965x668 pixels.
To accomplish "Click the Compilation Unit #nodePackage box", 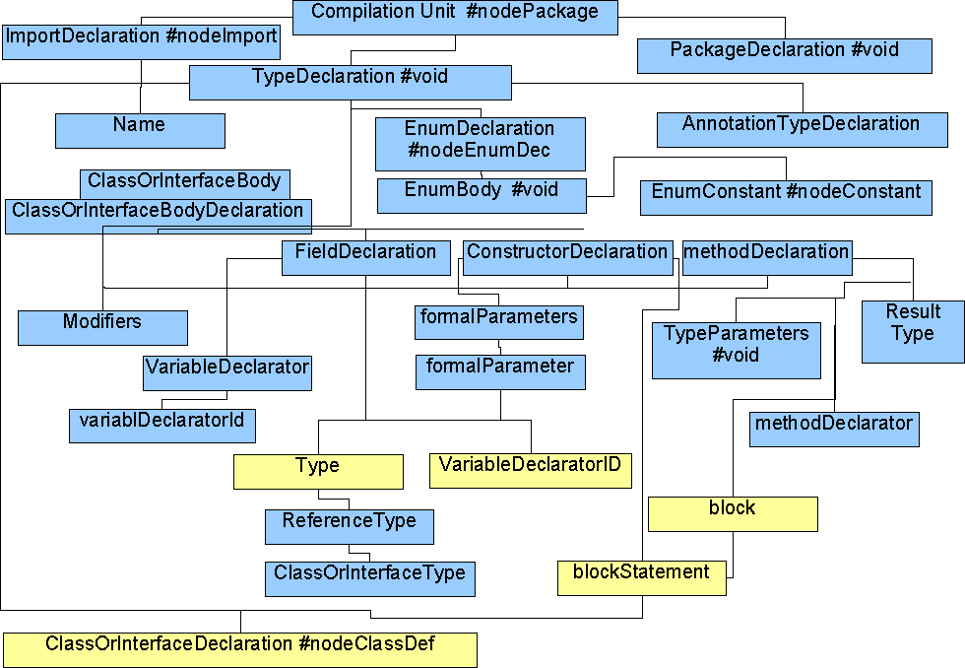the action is [x=455, y=17].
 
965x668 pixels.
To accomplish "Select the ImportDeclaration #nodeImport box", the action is [x=141, y=41].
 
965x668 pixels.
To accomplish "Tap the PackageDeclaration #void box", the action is [x=785, y=56].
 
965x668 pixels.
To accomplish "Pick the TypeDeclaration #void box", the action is [x=351, y=83].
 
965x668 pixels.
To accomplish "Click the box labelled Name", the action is [x=140, y=130].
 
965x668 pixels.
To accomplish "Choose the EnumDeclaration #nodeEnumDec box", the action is [x=481, y=144].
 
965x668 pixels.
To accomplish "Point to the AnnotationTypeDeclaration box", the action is [x=803, y=130].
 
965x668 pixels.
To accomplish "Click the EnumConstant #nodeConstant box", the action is [x=786, y=198].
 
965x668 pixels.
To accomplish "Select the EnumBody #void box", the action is [x=482, y=196].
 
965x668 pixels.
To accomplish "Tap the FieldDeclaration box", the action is [x=366, y=258].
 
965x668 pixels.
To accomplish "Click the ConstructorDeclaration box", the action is [x=567, y=258].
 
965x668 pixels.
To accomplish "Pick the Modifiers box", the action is [x=102, y=327].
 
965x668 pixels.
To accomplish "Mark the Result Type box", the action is [x=914, y=332].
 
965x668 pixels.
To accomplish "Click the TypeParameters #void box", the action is [x=737, y=351].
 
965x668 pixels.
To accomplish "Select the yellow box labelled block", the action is [x=733, y=514].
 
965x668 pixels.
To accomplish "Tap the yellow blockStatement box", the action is [x=642, y=578].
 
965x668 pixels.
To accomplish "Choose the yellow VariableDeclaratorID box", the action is [x=531, y=471].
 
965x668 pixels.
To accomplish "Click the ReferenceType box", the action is [x=350, y=527].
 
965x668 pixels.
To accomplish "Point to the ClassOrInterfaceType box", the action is [x=370, y=578].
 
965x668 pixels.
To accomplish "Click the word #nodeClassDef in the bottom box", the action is [x=366, y=644].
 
